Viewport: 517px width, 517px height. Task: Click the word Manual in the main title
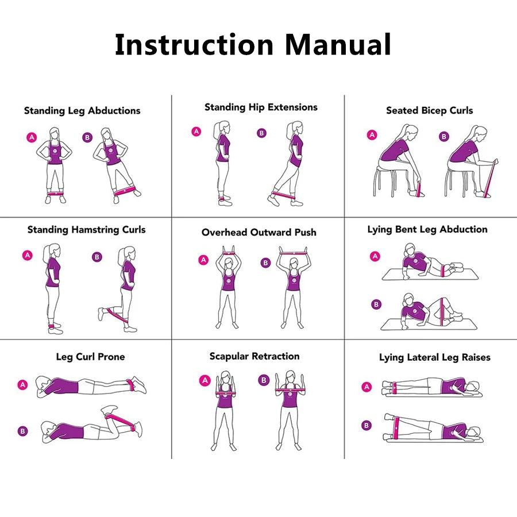coord(338,45)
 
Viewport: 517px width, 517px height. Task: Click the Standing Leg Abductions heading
coord(82,111)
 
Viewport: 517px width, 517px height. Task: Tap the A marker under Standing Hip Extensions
coord(196,132)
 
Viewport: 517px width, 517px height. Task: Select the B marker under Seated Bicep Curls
coord(443,137)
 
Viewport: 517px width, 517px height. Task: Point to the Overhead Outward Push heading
coord(258,233)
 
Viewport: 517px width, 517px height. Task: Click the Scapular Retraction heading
coord(254,357)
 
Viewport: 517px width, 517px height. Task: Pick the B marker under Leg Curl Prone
coord(22,431)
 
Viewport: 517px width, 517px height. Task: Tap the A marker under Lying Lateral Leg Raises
coord(366,387)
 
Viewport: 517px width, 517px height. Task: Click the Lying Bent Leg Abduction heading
coord(427,230)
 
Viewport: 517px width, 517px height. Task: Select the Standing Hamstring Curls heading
coord(87,230)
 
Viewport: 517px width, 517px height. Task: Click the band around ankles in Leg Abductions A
coord(55,194)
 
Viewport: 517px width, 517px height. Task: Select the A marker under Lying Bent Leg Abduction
coord(375,256)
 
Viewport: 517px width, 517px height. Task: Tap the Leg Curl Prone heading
coord(90,357)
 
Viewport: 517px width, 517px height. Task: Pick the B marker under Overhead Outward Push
coord(265,263)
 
